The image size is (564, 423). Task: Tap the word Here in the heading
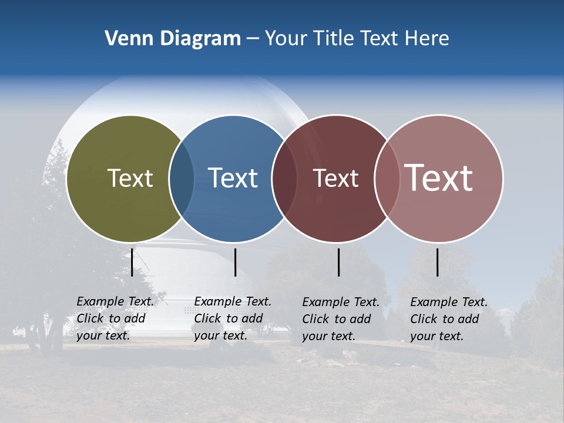point(427,39)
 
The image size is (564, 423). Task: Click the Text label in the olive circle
point(130,178)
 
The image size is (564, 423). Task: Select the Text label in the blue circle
point(233,178)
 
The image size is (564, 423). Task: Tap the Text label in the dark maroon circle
point(335,179)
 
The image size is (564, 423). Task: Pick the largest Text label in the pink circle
point(439,177)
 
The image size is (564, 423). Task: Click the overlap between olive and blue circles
point(182,178)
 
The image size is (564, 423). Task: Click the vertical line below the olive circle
point(132,262)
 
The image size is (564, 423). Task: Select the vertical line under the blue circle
point(235,262)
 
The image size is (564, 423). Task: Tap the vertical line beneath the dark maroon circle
point(338,262)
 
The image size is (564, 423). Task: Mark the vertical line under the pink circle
point(437,262)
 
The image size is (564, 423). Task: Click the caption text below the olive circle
point(115,318)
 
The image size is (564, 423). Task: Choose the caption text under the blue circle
point(232,318)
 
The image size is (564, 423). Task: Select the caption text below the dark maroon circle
point(340,319)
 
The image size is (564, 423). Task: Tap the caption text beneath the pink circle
point(448,319)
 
